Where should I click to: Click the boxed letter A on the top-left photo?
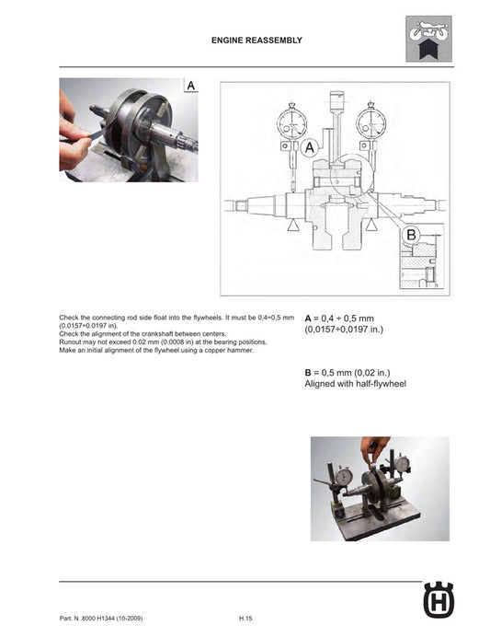tap(190, 85)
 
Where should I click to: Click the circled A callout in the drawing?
tap(309, 147)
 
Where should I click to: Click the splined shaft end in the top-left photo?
tap(179, 141)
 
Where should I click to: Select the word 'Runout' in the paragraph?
tap(71, 342)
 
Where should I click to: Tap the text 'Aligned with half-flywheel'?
tap(354, 384)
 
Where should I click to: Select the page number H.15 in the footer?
tap(245, 616)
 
